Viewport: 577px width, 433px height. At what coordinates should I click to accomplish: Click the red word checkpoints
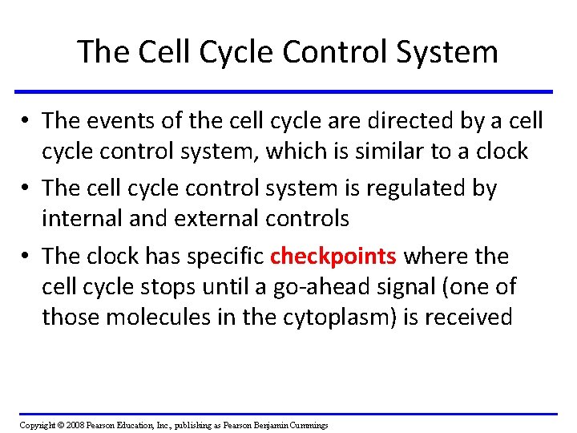point(333,257)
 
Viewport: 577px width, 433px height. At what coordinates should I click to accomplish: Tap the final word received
point(468,317)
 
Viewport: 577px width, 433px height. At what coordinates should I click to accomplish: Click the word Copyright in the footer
point(37,425)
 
